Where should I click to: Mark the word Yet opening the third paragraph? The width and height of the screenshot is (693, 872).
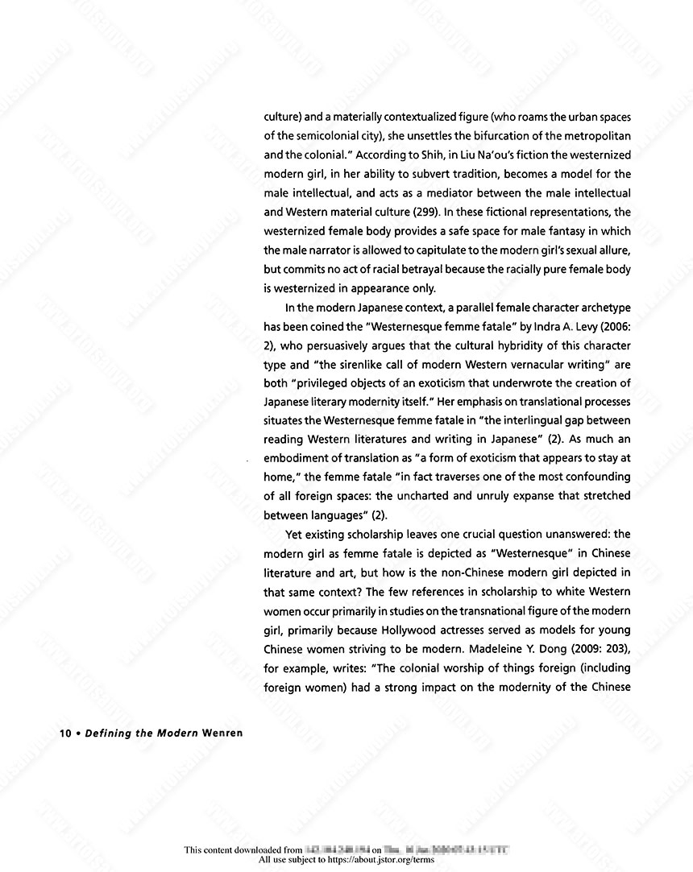pyautogui.click(x=295, y=534)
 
